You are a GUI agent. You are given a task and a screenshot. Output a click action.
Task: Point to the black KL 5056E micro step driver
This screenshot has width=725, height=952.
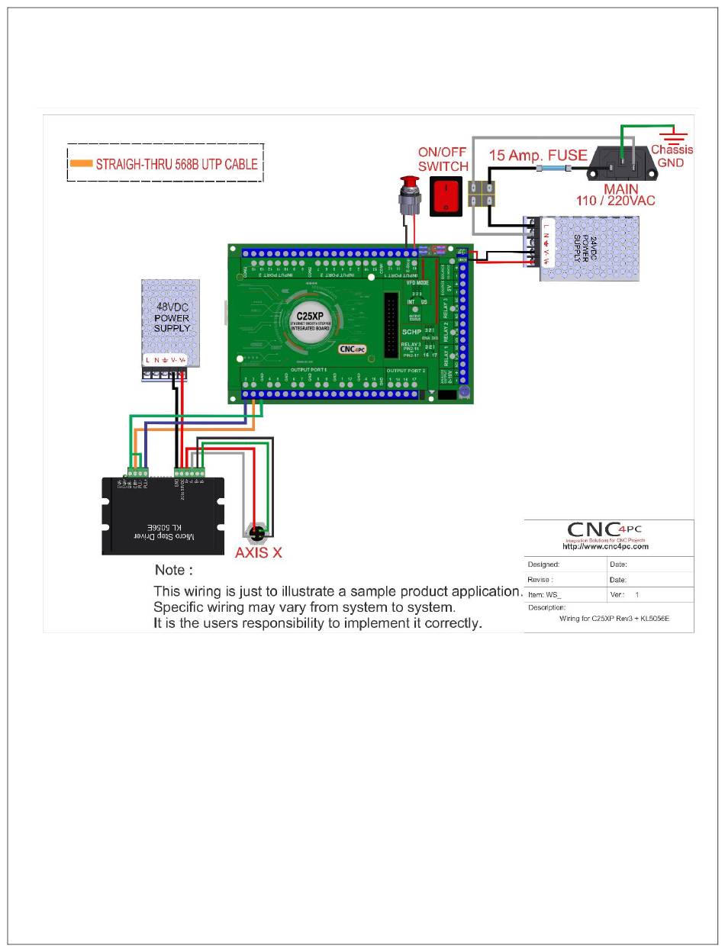point(163,516)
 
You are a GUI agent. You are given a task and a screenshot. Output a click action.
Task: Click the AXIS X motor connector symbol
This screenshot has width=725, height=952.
point(258,532)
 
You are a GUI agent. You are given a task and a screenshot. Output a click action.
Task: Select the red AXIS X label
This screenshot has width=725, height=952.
point(258,552)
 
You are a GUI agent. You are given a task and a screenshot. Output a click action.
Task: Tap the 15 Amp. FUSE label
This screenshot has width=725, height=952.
point(537,156)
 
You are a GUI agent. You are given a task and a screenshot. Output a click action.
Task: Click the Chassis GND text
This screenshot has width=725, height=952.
point(672,156)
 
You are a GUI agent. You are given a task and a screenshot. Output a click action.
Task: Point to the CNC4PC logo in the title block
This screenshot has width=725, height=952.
point(607,529)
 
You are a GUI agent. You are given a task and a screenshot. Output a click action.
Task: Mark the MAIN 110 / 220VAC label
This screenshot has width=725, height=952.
point(617,194)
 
